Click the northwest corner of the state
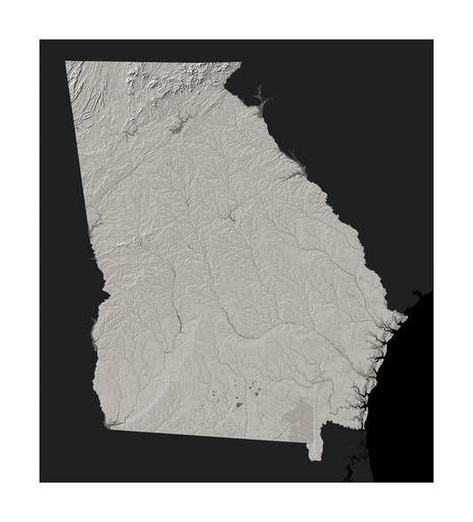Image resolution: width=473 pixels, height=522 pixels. [67, 62]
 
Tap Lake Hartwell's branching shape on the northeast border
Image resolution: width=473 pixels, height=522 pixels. [256, 94]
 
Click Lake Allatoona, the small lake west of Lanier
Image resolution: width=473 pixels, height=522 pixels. [130, 132]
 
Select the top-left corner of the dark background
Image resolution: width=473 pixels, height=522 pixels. [41, 41]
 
